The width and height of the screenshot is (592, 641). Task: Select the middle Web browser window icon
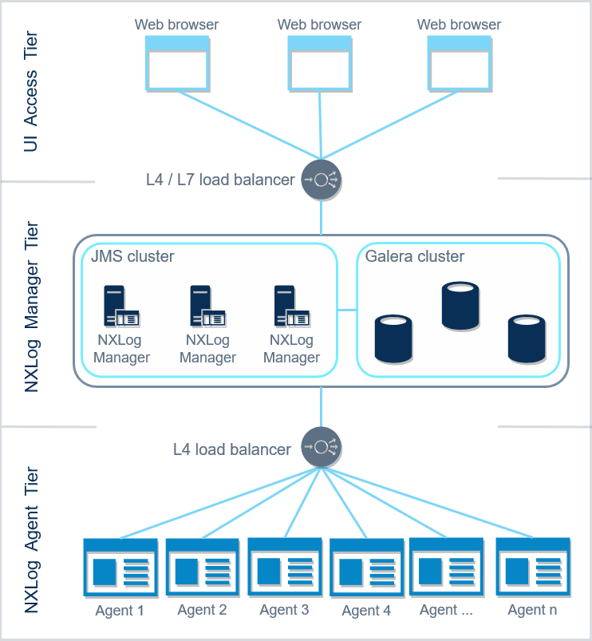pos(319,64)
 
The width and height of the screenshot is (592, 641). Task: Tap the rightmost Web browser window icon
pos(459,64)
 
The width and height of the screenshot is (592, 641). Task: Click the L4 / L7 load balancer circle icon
pos(321,180)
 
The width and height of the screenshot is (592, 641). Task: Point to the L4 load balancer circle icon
pos(321,447)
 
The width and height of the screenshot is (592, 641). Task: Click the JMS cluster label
pos(132,257)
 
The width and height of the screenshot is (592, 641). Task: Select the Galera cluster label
pos(414,257)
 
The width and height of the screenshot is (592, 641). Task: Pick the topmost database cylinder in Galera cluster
pos(461,306)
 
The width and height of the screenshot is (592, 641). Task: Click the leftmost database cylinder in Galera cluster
pos(393,339)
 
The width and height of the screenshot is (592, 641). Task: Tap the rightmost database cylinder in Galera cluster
pos(527,339)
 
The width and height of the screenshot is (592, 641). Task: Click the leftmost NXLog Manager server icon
pos(120,307)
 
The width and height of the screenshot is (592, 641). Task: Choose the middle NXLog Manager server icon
pos(207,307)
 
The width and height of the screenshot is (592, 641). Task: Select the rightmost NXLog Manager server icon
pos(291,307)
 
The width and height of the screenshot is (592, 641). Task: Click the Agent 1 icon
pos(120,568)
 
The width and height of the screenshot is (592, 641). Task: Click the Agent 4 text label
pos(366,611)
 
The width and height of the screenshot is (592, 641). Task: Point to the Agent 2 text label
pos(202,610)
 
